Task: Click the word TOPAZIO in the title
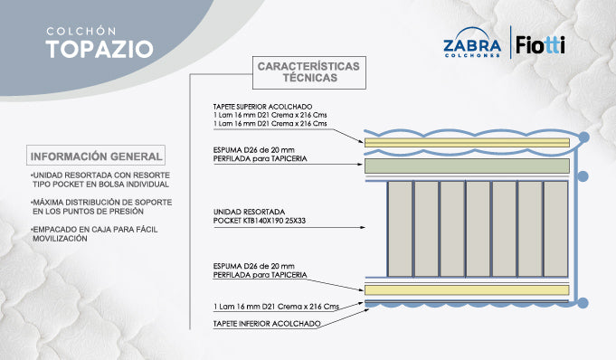[100, 49]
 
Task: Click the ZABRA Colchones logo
[472, 46]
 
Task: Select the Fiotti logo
[541, 43]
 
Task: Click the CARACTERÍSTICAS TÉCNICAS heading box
[308, 71]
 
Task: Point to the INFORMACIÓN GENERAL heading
[96, 155]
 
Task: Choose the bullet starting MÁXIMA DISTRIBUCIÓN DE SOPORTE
[100, 205]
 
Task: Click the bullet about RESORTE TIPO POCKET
[100, 178]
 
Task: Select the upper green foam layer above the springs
[468, 166]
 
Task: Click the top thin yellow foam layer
[468, 142]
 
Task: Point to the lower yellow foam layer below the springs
[468, 289]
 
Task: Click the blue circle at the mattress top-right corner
[583, 137]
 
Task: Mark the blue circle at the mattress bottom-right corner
[583, 300]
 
